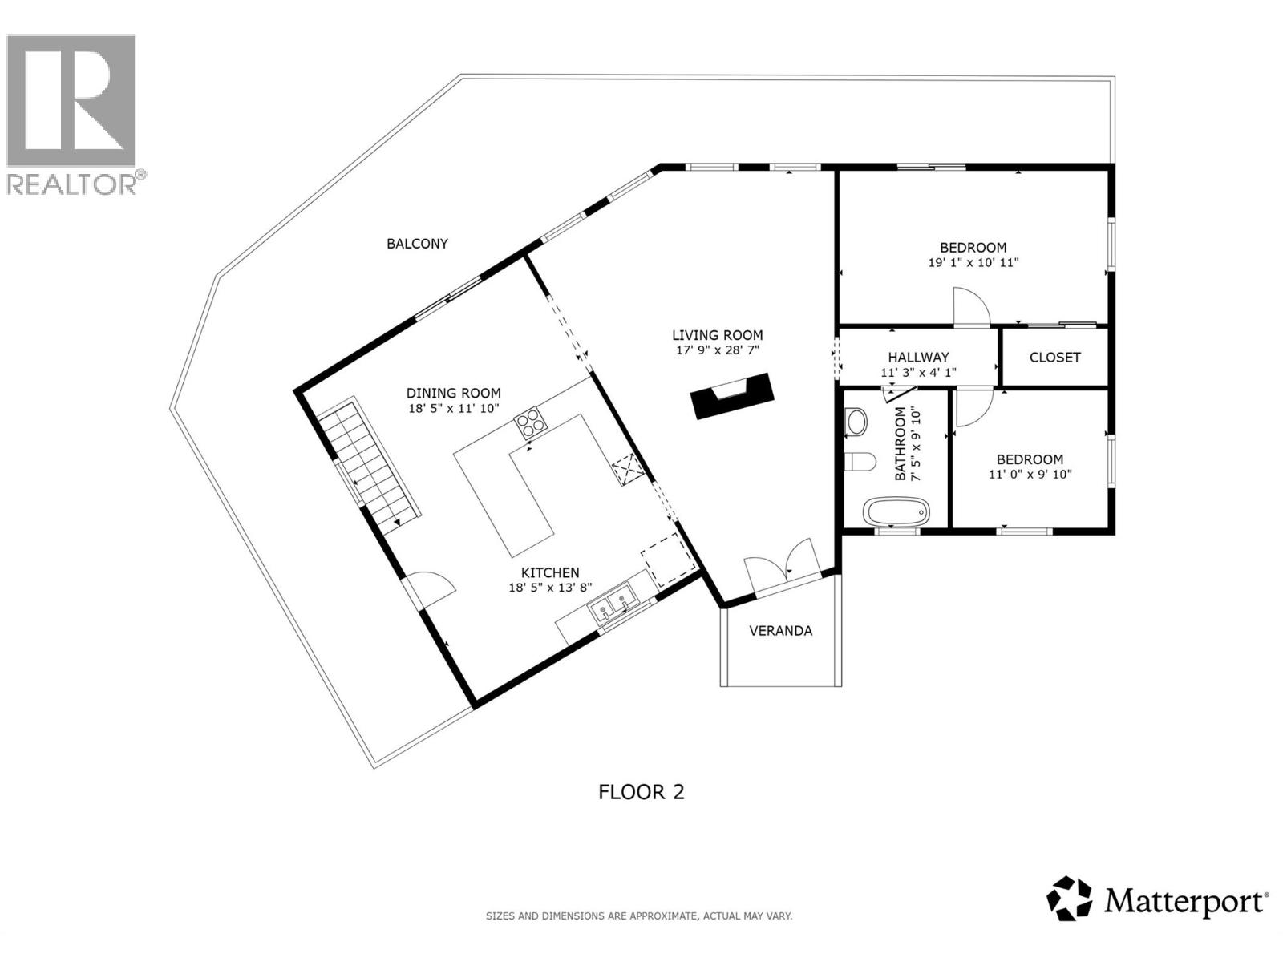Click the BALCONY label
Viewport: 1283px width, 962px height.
coord(417,244)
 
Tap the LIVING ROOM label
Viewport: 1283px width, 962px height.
coord(717,336)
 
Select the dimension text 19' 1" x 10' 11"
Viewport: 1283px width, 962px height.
coord(973,263)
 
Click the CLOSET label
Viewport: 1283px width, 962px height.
coord(1054,358)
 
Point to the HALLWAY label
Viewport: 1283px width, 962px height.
coord(918,358)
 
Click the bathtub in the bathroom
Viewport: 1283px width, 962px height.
coord(896,511)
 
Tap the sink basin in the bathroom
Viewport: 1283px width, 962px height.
coord(856,422)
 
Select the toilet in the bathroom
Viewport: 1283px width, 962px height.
coord(860,463)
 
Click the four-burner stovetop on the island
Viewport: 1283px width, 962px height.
coord(529,422)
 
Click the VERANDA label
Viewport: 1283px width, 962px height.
coord(780,631)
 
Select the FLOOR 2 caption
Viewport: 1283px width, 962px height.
coord(641,792)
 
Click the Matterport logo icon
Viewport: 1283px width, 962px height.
coord(1070,899)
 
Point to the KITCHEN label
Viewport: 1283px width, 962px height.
coord(550,573)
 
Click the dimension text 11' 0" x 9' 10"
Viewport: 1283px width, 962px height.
coord(1030,475)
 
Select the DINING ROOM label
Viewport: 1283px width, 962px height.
coord(453,394)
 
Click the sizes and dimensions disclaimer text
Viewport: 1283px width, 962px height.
coord(638,916)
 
